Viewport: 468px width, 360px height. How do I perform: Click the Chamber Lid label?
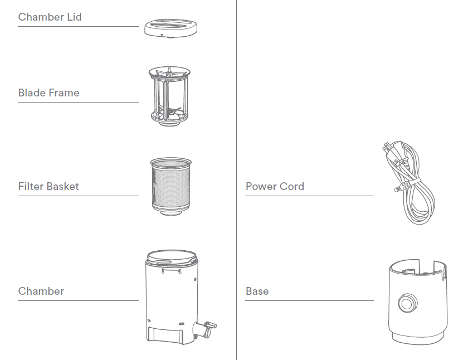50,17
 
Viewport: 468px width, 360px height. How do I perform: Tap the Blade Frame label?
48,93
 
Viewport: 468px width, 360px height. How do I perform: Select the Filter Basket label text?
48,187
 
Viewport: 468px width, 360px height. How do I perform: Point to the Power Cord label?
275,187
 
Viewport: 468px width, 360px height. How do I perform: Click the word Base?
257,291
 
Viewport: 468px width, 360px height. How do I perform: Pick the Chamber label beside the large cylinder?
41,291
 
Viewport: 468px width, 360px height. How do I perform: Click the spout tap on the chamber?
207,326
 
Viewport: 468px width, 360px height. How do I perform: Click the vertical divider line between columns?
236,178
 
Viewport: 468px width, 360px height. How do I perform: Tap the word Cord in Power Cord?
292,187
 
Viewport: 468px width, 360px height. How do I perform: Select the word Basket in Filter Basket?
63,187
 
